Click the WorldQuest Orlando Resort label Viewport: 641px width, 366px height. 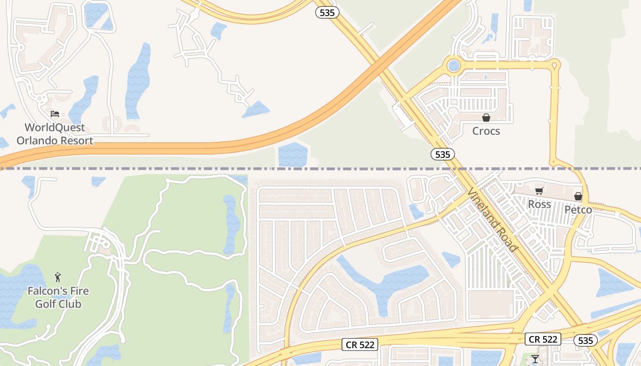click(x=54, y=134)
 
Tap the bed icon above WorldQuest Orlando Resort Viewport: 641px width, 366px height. click(x=55, y=114)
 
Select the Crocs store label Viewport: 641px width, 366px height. click(x=486, y=131)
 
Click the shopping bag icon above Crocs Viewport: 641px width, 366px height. click(x=486, y=118)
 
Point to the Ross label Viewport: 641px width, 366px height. click(x=539, y=205)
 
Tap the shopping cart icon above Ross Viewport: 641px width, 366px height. click(x=539, y=191)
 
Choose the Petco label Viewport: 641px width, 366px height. click(x=578, y=210)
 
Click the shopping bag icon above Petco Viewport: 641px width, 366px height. click(x=578, y=196)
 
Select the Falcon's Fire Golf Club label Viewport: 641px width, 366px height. click(x=58, y=297)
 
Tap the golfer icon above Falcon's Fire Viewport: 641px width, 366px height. click(x=58, y=277)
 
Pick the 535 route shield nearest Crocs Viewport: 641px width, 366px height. click(x=443, y=155)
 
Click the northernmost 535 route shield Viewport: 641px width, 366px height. click(x=327, y=13)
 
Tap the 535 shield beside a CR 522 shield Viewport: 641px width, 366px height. click(x=585, y=340)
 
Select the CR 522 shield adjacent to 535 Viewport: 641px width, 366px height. click(x=543, y=339)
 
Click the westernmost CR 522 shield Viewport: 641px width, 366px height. click(x=360, y=344)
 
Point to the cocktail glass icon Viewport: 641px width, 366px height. click(x=535, y=359)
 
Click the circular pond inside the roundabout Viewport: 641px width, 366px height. click(x=453, y=66)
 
